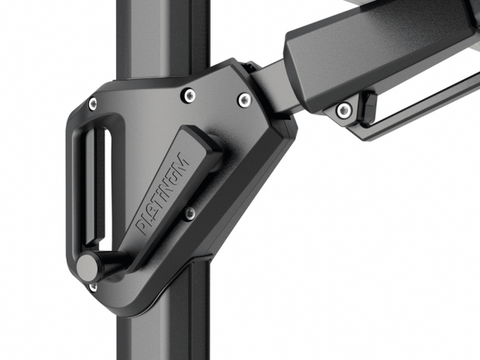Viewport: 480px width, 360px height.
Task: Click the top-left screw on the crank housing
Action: coord(92,104)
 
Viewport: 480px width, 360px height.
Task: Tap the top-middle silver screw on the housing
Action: coord(189,95)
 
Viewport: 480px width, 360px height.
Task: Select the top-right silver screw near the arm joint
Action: coord(245,100)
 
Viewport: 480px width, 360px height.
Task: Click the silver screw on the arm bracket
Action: coord(345,110)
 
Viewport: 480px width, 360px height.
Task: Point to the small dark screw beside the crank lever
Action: coord(190,213)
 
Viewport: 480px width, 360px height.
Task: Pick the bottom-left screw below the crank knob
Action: coord(93,287)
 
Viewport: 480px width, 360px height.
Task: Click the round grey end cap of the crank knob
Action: coord(87,268)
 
